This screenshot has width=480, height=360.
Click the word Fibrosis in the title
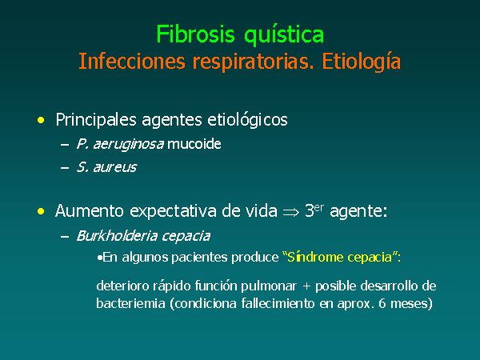(x=195, y=34)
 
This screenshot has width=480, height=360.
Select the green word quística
(x=284, y=36)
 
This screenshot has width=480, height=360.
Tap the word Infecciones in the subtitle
(x=132, y=61)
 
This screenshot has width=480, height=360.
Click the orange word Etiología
(x=362, y=62)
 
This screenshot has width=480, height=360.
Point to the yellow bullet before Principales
(x=41, y=120)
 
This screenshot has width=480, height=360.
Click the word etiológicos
(x=247, y=120)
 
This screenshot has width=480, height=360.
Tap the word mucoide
(x=194, y=143)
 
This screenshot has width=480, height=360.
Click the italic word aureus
(x=115, y=167)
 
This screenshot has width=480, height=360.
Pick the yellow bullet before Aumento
(x=41, y=211)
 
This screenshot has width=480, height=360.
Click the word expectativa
(x=173, y=211)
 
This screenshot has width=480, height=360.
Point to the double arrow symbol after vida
(x=291, y=212)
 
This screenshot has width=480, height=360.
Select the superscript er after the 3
(x=319, y=208)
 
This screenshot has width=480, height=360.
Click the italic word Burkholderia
(x=117, y=236)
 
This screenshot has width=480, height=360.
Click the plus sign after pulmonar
(x=306, y=286)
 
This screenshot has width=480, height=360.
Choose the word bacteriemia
(x=130, y=303)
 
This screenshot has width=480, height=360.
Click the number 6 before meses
(x=382, y=303)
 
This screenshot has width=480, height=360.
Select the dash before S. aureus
(x=65, y=168)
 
